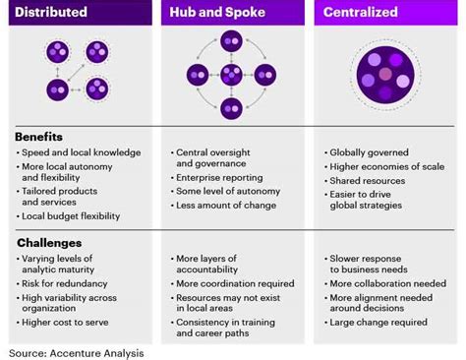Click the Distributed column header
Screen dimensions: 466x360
[x=51, y=13]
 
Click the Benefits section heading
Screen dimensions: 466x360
[x=40, y=137]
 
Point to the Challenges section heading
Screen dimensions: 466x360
[x=49, y=242]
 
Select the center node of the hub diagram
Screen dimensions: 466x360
[x=231, y=74]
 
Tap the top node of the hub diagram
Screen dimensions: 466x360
[x=231, y=40]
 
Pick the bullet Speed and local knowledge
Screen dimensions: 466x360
[x=82, y=152]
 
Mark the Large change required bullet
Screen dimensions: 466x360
[x=378, y=322]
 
